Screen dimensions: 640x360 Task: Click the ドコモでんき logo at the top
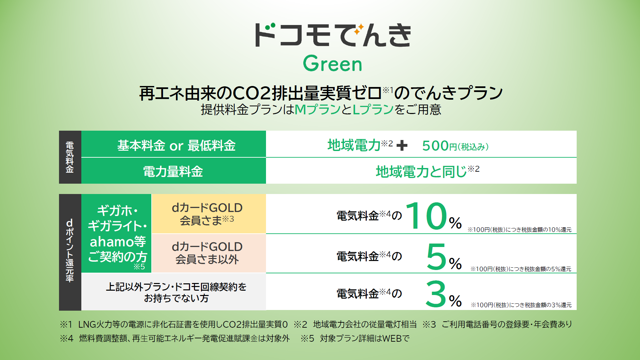coord(333,35)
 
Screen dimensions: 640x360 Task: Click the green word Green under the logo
coord(332,63)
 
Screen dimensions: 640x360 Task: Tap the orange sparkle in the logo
coord(359,30)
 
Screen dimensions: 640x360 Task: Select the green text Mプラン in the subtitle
coord(317,109)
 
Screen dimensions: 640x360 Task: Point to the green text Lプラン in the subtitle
coord(373,109)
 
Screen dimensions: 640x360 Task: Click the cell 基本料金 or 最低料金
coord(174,144)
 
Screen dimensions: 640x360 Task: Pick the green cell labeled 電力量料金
coord(174,171)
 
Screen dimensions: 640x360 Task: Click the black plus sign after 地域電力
coord(402,145)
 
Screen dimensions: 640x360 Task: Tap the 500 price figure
coord(435,146)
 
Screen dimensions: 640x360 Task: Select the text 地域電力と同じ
coord(421,172)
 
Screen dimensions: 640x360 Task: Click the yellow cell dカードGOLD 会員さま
coord(209,214)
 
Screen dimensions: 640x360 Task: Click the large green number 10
coord(426,216)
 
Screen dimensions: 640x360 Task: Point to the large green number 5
coord(436,256)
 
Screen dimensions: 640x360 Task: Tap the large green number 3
coord(436,294)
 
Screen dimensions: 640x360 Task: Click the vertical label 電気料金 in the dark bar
coord(70,157)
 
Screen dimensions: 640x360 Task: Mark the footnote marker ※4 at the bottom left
coord(67,338)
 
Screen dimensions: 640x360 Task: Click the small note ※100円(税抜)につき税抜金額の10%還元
coord(519,230)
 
